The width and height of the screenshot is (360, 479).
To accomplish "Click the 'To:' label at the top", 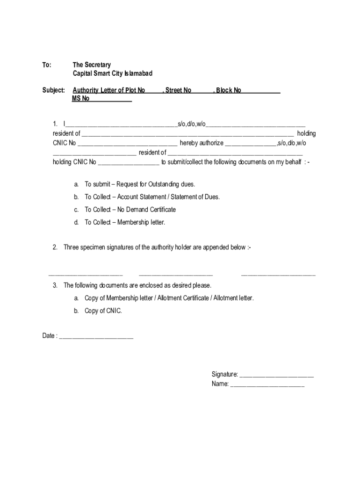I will [47, 65].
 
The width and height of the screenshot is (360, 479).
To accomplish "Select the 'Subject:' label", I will [54, 90].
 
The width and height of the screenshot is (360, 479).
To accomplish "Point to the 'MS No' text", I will [80, 99].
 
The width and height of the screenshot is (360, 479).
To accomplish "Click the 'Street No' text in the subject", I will [178, 90].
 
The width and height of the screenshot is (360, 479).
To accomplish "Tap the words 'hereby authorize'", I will [202, 143].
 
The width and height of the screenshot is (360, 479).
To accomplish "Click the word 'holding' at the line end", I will [306, 133].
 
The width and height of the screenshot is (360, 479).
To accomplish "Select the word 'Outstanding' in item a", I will [164, 184].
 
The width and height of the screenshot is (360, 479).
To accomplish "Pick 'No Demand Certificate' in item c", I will [146, 210].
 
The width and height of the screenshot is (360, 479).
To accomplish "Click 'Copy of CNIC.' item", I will [103, 311].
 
